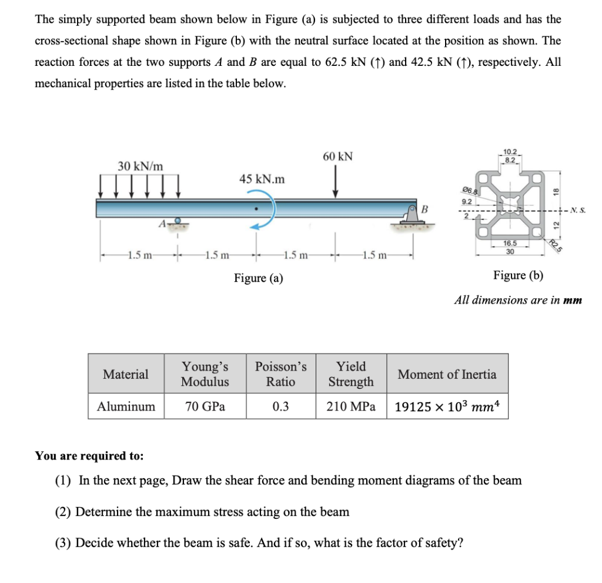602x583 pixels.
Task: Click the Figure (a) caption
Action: pyautogui.click(x=259, y=278)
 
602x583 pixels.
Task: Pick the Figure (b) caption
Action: pyautogui.click(x=518, y=275)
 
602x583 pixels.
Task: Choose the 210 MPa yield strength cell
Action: pyautogui.click(x=351, y=406)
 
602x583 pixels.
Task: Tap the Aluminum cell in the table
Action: pyautogui.click(x=126, y=406)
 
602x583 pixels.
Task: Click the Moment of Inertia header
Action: pyautogui.click(x=447, y=374)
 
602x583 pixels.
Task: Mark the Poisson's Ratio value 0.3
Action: pyautogui.click(x=280, y=406)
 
